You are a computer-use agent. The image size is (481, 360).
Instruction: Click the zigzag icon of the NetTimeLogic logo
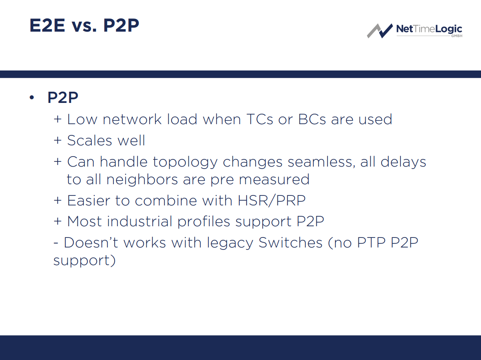[380, 30]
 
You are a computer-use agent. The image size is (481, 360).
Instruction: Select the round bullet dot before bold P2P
[32, 98]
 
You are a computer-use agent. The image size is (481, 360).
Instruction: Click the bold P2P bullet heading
[63, 98]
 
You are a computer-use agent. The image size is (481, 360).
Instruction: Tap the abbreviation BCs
[312, 119]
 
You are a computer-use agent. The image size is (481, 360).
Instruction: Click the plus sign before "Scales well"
[58, 141]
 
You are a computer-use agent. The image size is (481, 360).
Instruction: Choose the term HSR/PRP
[271, 200]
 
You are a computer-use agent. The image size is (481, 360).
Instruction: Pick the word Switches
[291, 243]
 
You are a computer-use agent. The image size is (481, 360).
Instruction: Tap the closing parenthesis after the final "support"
[113, 261]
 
